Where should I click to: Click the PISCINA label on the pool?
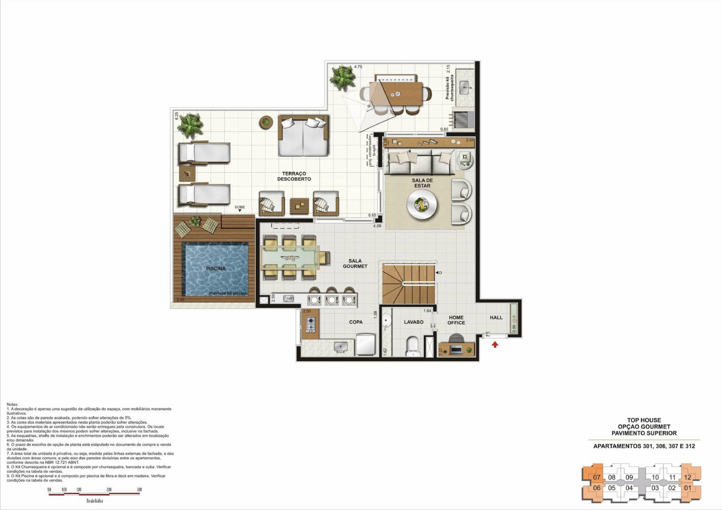click(x=216, y=269)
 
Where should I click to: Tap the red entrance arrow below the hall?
click(x=495, y=345)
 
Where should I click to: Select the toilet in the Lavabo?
click(x=412, y=347)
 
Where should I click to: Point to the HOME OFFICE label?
click(x=456, y=320)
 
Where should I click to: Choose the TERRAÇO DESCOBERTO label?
click(x=294, y=176)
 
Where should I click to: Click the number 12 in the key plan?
click(x=687, y=477)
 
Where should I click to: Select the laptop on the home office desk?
click(x=454, y=349)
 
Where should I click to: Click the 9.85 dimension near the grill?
click(x=444, y=129)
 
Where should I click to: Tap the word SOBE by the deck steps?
click(x=239, y=207)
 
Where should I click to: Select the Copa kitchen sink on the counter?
click(x=341, y=347)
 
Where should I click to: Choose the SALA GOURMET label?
click(x=355, y=263)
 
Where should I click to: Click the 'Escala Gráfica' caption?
click(x=95, y=501)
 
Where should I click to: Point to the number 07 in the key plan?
click(x=596, y=477)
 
